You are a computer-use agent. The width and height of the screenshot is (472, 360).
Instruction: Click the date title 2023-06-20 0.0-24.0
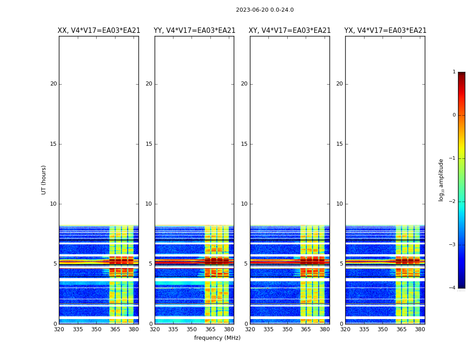tap(265, 10)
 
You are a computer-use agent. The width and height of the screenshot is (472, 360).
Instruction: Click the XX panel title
tap(99, 31)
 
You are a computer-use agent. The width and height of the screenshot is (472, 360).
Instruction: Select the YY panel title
tap(194, 31)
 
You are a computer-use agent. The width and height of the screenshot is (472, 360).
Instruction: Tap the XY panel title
tap(289, 31)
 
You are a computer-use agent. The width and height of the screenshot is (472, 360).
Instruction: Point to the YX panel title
tap(385, 31)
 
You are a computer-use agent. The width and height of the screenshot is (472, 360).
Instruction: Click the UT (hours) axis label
tap(44, 180)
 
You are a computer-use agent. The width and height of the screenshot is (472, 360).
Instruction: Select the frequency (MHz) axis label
tap(217, 338)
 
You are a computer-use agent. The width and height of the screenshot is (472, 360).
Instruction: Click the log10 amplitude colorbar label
tap(441, 180)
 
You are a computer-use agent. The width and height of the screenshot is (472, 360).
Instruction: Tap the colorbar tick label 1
tap(454, 72)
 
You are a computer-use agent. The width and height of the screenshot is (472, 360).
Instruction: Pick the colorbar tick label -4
tap(453, 288)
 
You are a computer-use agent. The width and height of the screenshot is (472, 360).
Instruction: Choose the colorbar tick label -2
tap(453, 202)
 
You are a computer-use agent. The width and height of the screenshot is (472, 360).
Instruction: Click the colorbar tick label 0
tap(454, 115)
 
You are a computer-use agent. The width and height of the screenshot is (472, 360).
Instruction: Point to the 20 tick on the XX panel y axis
tap(53, 84)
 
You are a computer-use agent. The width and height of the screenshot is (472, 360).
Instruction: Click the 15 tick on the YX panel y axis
tap(340, 144)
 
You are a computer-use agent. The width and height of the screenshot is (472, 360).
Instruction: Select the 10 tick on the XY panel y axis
tap(244, 204)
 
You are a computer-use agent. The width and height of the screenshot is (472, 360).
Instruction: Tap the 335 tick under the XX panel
tap(78, 329)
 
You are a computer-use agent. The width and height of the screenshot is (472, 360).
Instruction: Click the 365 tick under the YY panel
tap(210, 329)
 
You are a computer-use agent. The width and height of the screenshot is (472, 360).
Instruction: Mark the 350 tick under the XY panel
tap(287, 329)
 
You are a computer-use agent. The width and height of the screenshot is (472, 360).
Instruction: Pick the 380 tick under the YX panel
tap(420, 329)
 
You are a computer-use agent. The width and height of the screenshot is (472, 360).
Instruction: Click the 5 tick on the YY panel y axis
tap(151, 264)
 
